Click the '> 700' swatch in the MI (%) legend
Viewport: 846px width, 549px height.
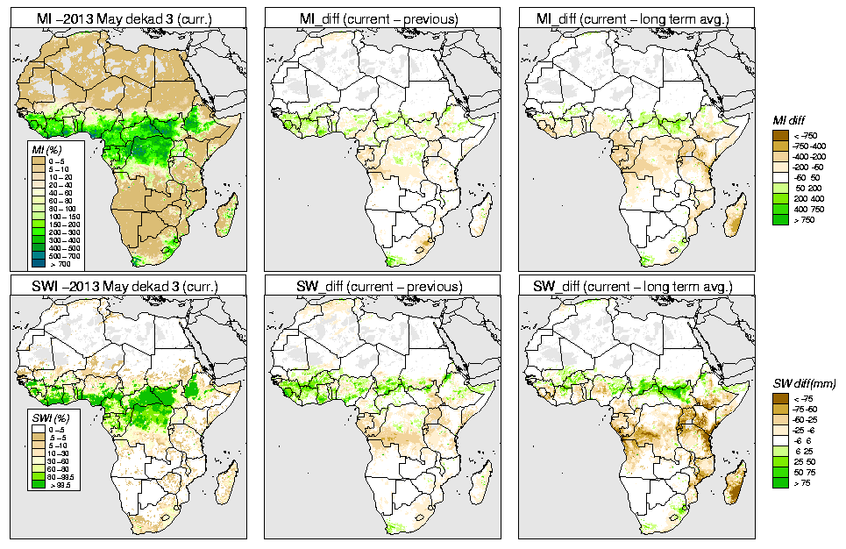38,263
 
